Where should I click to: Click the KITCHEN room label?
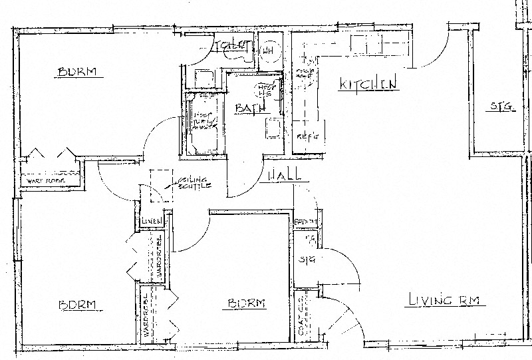pos(368,84)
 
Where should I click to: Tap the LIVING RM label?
pos(446,300)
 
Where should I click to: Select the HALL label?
pos(285,175)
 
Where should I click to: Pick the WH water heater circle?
pos(269,50)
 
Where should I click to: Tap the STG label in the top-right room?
pos(502,106)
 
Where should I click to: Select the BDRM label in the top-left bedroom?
pos(80,72)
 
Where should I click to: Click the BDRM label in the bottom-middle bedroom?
pos(247,303)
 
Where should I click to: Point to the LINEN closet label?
pos(151,222)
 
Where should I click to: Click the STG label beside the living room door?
pos(306,259)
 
